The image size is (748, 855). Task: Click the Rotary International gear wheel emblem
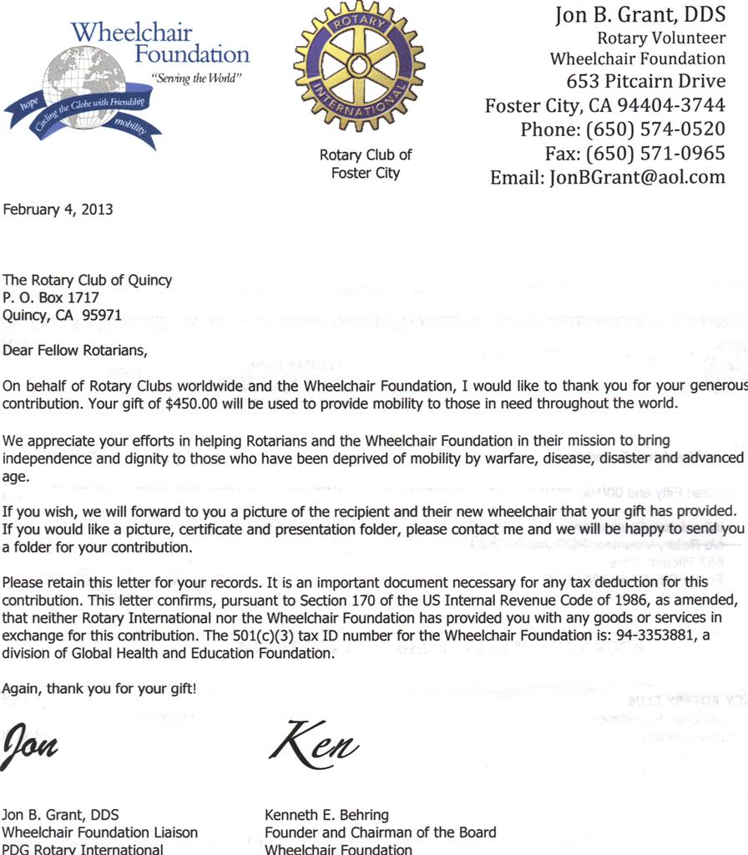click(359, 65)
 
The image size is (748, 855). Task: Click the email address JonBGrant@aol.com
click(637, 177)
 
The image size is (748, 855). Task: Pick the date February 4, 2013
click(58, 210)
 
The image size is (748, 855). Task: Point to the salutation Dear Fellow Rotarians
click(75, 351)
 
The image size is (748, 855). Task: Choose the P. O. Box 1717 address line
click(51, 298)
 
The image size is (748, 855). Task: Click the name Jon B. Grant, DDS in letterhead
click(640, 16)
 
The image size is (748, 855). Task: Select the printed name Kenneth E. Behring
click(326, 815)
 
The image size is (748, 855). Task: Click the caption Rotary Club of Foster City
click(366, 164)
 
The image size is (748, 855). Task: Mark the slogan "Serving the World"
click(196, 78)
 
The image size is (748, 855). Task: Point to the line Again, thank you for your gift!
click(100, 688)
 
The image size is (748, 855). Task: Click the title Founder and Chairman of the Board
click(380, 832)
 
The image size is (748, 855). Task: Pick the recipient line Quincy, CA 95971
click(63, 316)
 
